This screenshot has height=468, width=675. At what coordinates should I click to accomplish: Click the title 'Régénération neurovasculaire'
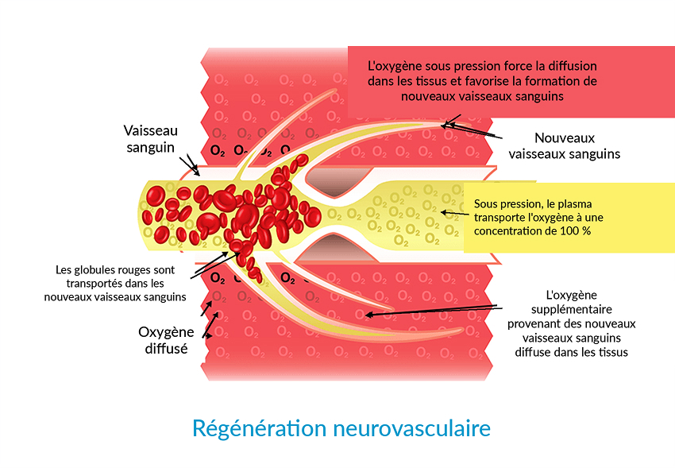341,429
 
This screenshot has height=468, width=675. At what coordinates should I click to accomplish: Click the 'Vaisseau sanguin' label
150,138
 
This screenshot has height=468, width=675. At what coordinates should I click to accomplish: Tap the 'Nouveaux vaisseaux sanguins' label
565,146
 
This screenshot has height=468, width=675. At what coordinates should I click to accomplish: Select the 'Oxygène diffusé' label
166,340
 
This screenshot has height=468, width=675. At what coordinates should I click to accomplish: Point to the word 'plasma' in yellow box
576,204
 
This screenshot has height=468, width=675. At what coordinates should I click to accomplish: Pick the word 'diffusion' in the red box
573,66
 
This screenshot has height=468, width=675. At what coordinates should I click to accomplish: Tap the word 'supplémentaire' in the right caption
571,309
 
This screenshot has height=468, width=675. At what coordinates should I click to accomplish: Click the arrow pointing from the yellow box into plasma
456,213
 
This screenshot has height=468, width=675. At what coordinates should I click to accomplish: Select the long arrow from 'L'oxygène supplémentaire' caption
434,311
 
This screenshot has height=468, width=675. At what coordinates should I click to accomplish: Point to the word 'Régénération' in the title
259,429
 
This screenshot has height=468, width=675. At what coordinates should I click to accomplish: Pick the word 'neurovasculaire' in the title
412,429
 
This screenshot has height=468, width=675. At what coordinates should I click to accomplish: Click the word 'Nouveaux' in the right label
565,137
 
